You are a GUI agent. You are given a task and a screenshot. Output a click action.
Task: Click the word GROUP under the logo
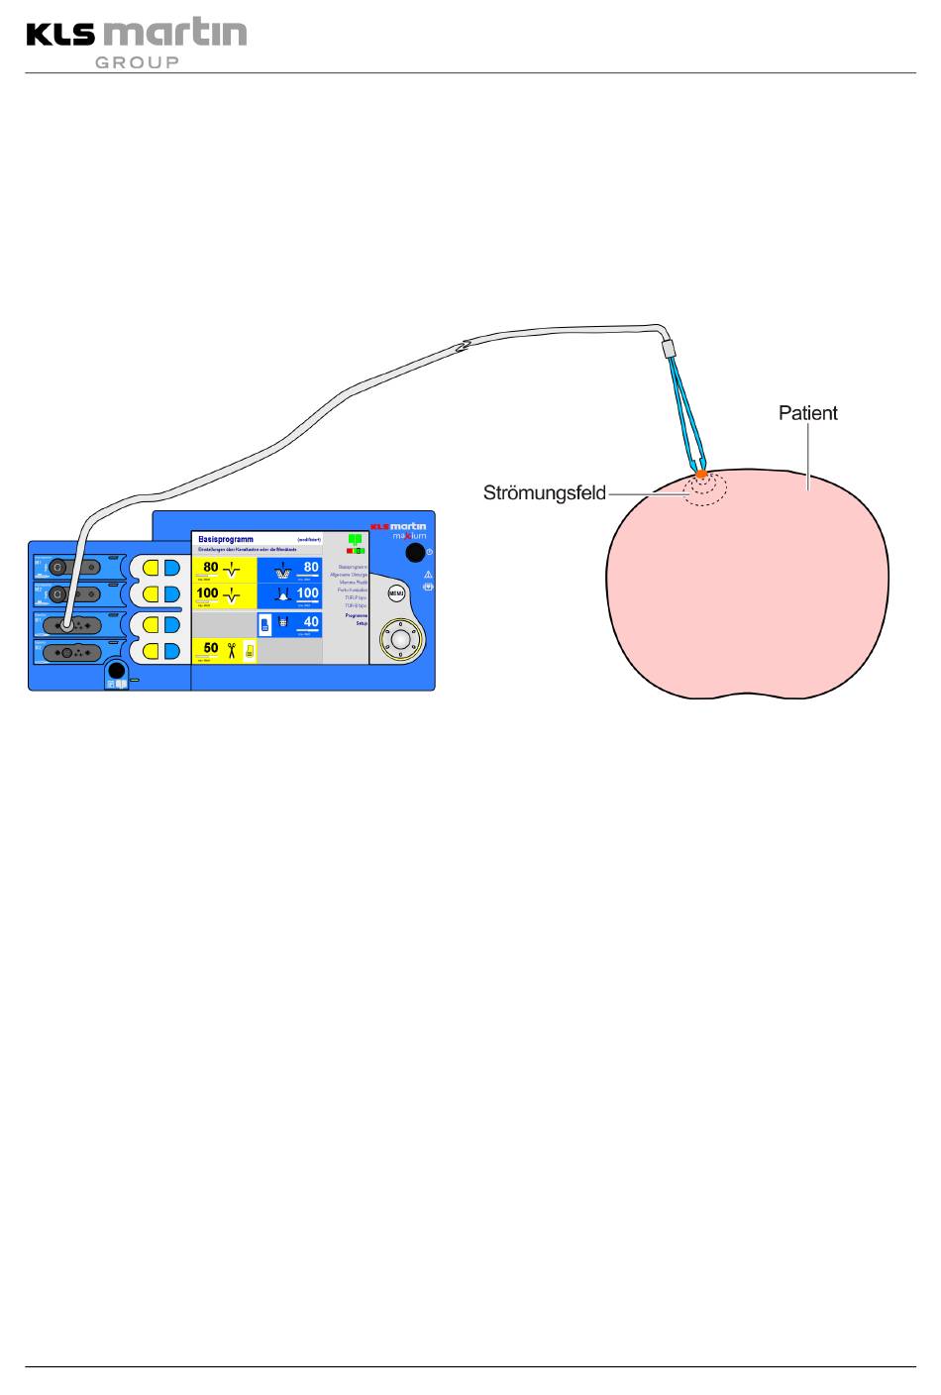coord(137,62)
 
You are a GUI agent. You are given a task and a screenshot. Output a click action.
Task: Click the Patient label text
coord(807,413)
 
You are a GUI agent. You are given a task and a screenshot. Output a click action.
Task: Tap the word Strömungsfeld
coord(544,491)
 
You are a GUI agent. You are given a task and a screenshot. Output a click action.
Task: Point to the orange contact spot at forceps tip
coord(700,475)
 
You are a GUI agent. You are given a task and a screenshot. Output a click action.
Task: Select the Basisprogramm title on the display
coord(226,539)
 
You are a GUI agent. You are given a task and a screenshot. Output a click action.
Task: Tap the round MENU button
coord(396,593)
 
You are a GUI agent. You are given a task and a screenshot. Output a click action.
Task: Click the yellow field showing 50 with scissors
coord(224,650)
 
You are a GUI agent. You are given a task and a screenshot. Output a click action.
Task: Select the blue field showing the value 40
coord(289,624)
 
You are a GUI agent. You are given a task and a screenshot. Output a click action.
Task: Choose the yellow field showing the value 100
coord(224,595)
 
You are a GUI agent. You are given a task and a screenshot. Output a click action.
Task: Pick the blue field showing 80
coord(289,570)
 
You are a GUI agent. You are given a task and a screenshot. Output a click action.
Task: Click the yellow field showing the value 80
coord(224,570)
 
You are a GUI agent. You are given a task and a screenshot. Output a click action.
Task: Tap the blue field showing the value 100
coord(289,595)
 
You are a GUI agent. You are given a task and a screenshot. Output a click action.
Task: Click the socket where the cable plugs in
coord(65,625)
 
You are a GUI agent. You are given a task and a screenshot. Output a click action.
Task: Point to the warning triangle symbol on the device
coord(428,574)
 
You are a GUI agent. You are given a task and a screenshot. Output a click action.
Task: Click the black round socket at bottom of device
coord(116,669)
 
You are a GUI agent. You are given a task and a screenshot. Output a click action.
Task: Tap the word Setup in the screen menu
coord(362,624)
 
